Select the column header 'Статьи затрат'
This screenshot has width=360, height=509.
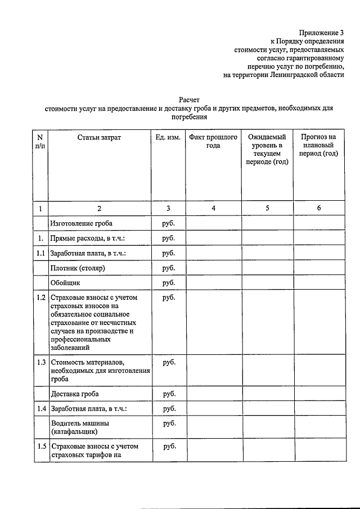[99, 137]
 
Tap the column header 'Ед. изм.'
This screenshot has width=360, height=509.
[168, 137]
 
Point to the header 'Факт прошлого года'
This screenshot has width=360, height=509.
[213, 141]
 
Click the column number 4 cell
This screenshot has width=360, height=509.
[213, 208]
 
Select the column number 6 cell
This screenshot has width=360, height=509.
[319, 208]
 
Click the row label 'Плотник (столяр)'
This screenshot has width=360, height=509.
[78, 268]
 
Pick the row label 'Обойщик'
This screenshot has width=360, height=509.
[66, 282]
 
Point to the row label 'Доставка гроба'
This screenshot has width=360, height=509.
[78, 394]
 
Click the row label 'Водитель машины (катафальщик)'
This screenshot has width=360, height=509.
[80, 427]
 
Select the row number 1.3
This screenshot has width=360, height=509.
[40, 362]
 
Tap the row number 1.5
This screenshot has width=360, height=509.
[40, 447]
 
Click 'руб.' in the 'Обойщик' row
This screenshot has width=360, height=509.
[169, 282]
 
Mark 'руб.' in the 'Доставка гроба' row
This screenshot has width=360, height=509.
[169, 394]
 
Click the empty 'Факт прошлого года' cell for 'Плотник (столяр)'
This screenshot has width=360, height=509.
[213, 268]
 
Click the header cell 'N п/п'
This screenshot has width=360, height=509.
[40, 141]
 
